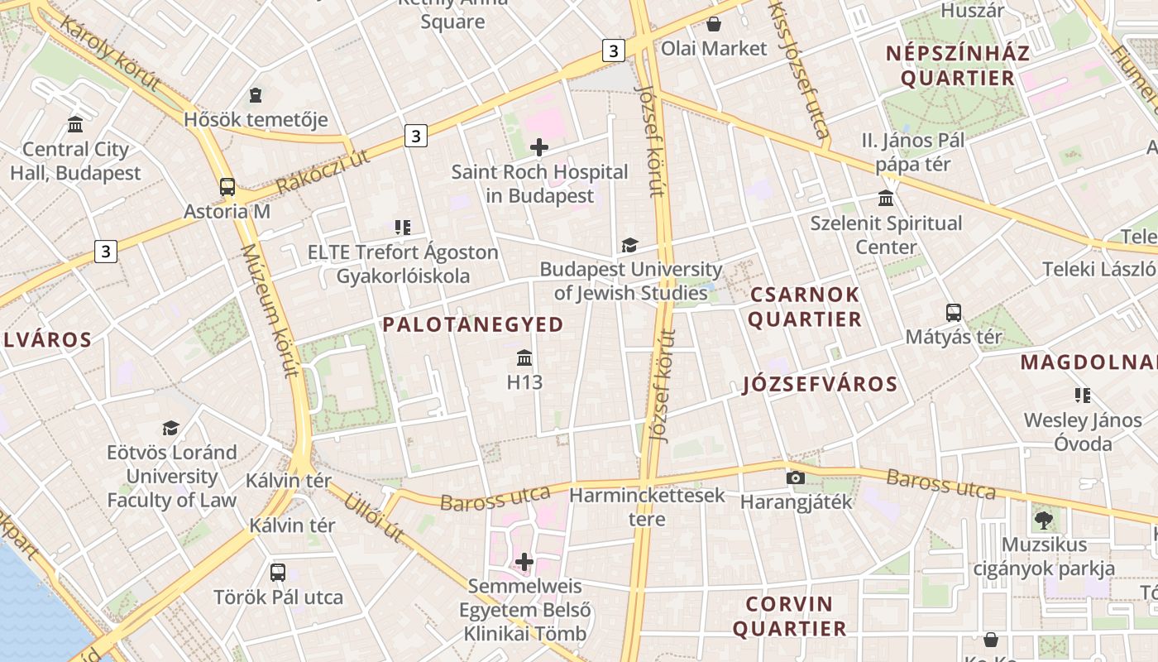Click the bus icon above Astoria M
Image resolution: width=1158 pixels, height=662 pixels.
(x=227, y=187)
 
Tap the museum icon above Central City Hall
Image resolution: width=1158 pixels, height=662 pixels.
(x=75, y=125)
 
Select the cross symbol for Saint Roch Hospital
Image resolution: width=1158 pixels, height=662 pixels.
(x=539, y=148)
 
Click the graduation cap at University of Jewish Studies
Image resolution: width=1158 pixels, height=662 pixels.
(x=630, y=246)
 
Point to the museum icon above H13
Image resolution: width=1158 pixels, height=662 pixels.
(x=524, y=358)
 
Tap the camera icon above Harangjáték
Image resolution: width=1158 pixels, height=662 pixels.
(x=796, y=477)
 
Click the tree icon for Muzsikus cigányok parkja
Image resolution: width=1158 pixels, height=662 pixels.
(x=1043, y=520)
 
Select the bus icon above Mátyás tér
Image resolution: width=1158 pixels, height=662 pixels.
(x=954, y=313)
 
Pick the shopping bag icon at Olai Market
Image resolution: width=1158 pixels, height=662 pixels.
(x=714, y=24)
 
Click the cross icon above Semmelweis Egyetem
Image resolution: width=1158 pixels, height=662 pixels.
(x=524, y=563)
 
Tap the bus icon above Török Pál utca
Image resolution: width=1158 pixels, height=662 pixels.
(x=278, y=573)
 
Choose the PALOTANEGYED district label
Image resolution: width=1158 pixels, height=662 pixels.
(x=473, y=324)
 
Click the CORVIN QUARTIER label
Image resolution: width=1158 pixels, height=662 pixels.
(x=790, y=616)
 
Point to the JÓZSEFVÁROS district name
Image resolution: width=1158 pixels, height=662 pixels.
(x=820, y=384)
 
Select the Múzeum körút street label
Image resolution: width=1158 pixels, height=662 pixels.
(x=268, y=310)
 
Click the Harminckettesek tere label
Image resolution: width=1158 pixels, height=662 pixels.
(x=647, y=507)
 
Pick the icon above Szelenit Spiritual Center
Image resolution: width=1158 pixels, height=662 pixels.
(x=887, y=199)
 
